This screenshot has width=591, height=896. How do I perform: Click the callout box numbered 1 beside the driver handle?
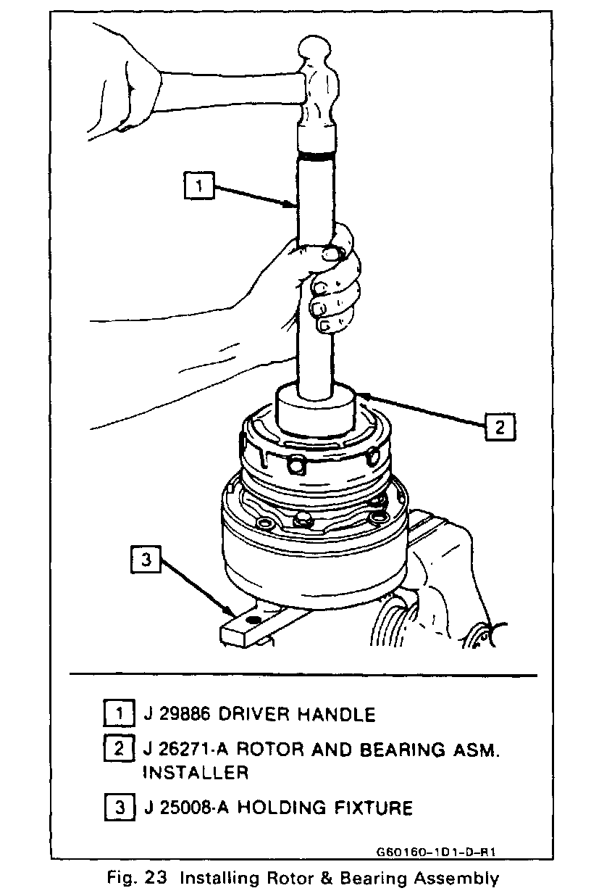[198, 185]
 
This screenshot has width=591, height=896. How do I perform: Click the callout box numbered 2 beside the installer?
[499, 426]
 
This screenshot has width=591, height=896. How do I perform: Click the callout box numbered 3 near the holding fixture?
[147, 559]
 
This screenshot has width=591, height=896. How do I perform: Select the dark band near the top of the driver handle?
[315, 155]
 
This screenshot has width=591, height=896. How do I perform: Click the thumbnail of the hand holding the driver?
[330, 253]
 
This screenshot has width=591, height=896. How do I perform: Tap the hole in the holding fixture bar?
[253, 621]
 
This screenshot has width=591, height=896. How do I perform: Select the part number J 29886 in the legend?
[178, 715]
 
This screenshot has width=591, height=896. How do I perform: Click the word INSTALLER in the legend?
[196, 773]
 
